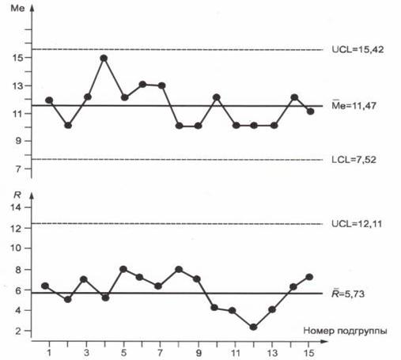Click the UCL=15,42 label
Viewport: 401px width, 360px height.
coord(357,50)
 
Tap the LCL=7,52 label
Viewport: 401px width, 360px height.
coord(354,160)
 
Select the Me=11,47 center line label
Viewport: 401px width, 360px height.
coord(354,105)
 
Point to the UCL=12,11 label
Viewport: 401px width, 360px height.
coord(357,224)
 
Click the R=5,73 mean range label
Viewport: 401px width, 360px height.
coord(348,294)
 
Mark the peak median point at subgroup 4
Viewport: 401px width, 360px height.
coord(104,59)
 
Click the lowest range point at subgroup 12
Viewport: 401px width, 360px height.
coord(253,328)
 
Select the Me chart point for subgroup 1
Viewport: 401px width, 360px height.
coord(49,100)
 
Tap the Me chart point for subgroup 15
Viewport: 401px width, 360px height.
coord(310,112)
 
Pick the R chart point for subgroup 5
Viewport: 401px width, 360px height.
coord(123,269)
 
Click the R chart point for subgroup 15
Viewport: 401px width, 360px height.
coord(309,277)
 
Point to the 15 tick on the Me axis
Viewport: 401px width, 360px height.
coord(17,58)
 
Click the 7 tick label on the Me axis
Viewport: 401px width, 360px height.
coord(17,169)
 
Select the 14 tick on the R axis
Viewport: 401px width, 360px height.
coord(16,207)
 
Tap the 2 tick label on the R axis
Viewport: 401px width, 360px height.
coord(17,331)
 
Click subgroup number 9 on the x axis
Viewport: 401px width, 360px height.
coord(199,353)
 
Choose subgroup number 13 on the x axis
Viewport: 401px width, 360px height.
coord(272,353)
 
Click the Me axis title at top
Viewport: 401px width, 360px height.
coord(17,8)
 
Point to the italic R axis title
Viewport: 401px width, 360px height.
coord(17,195)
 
